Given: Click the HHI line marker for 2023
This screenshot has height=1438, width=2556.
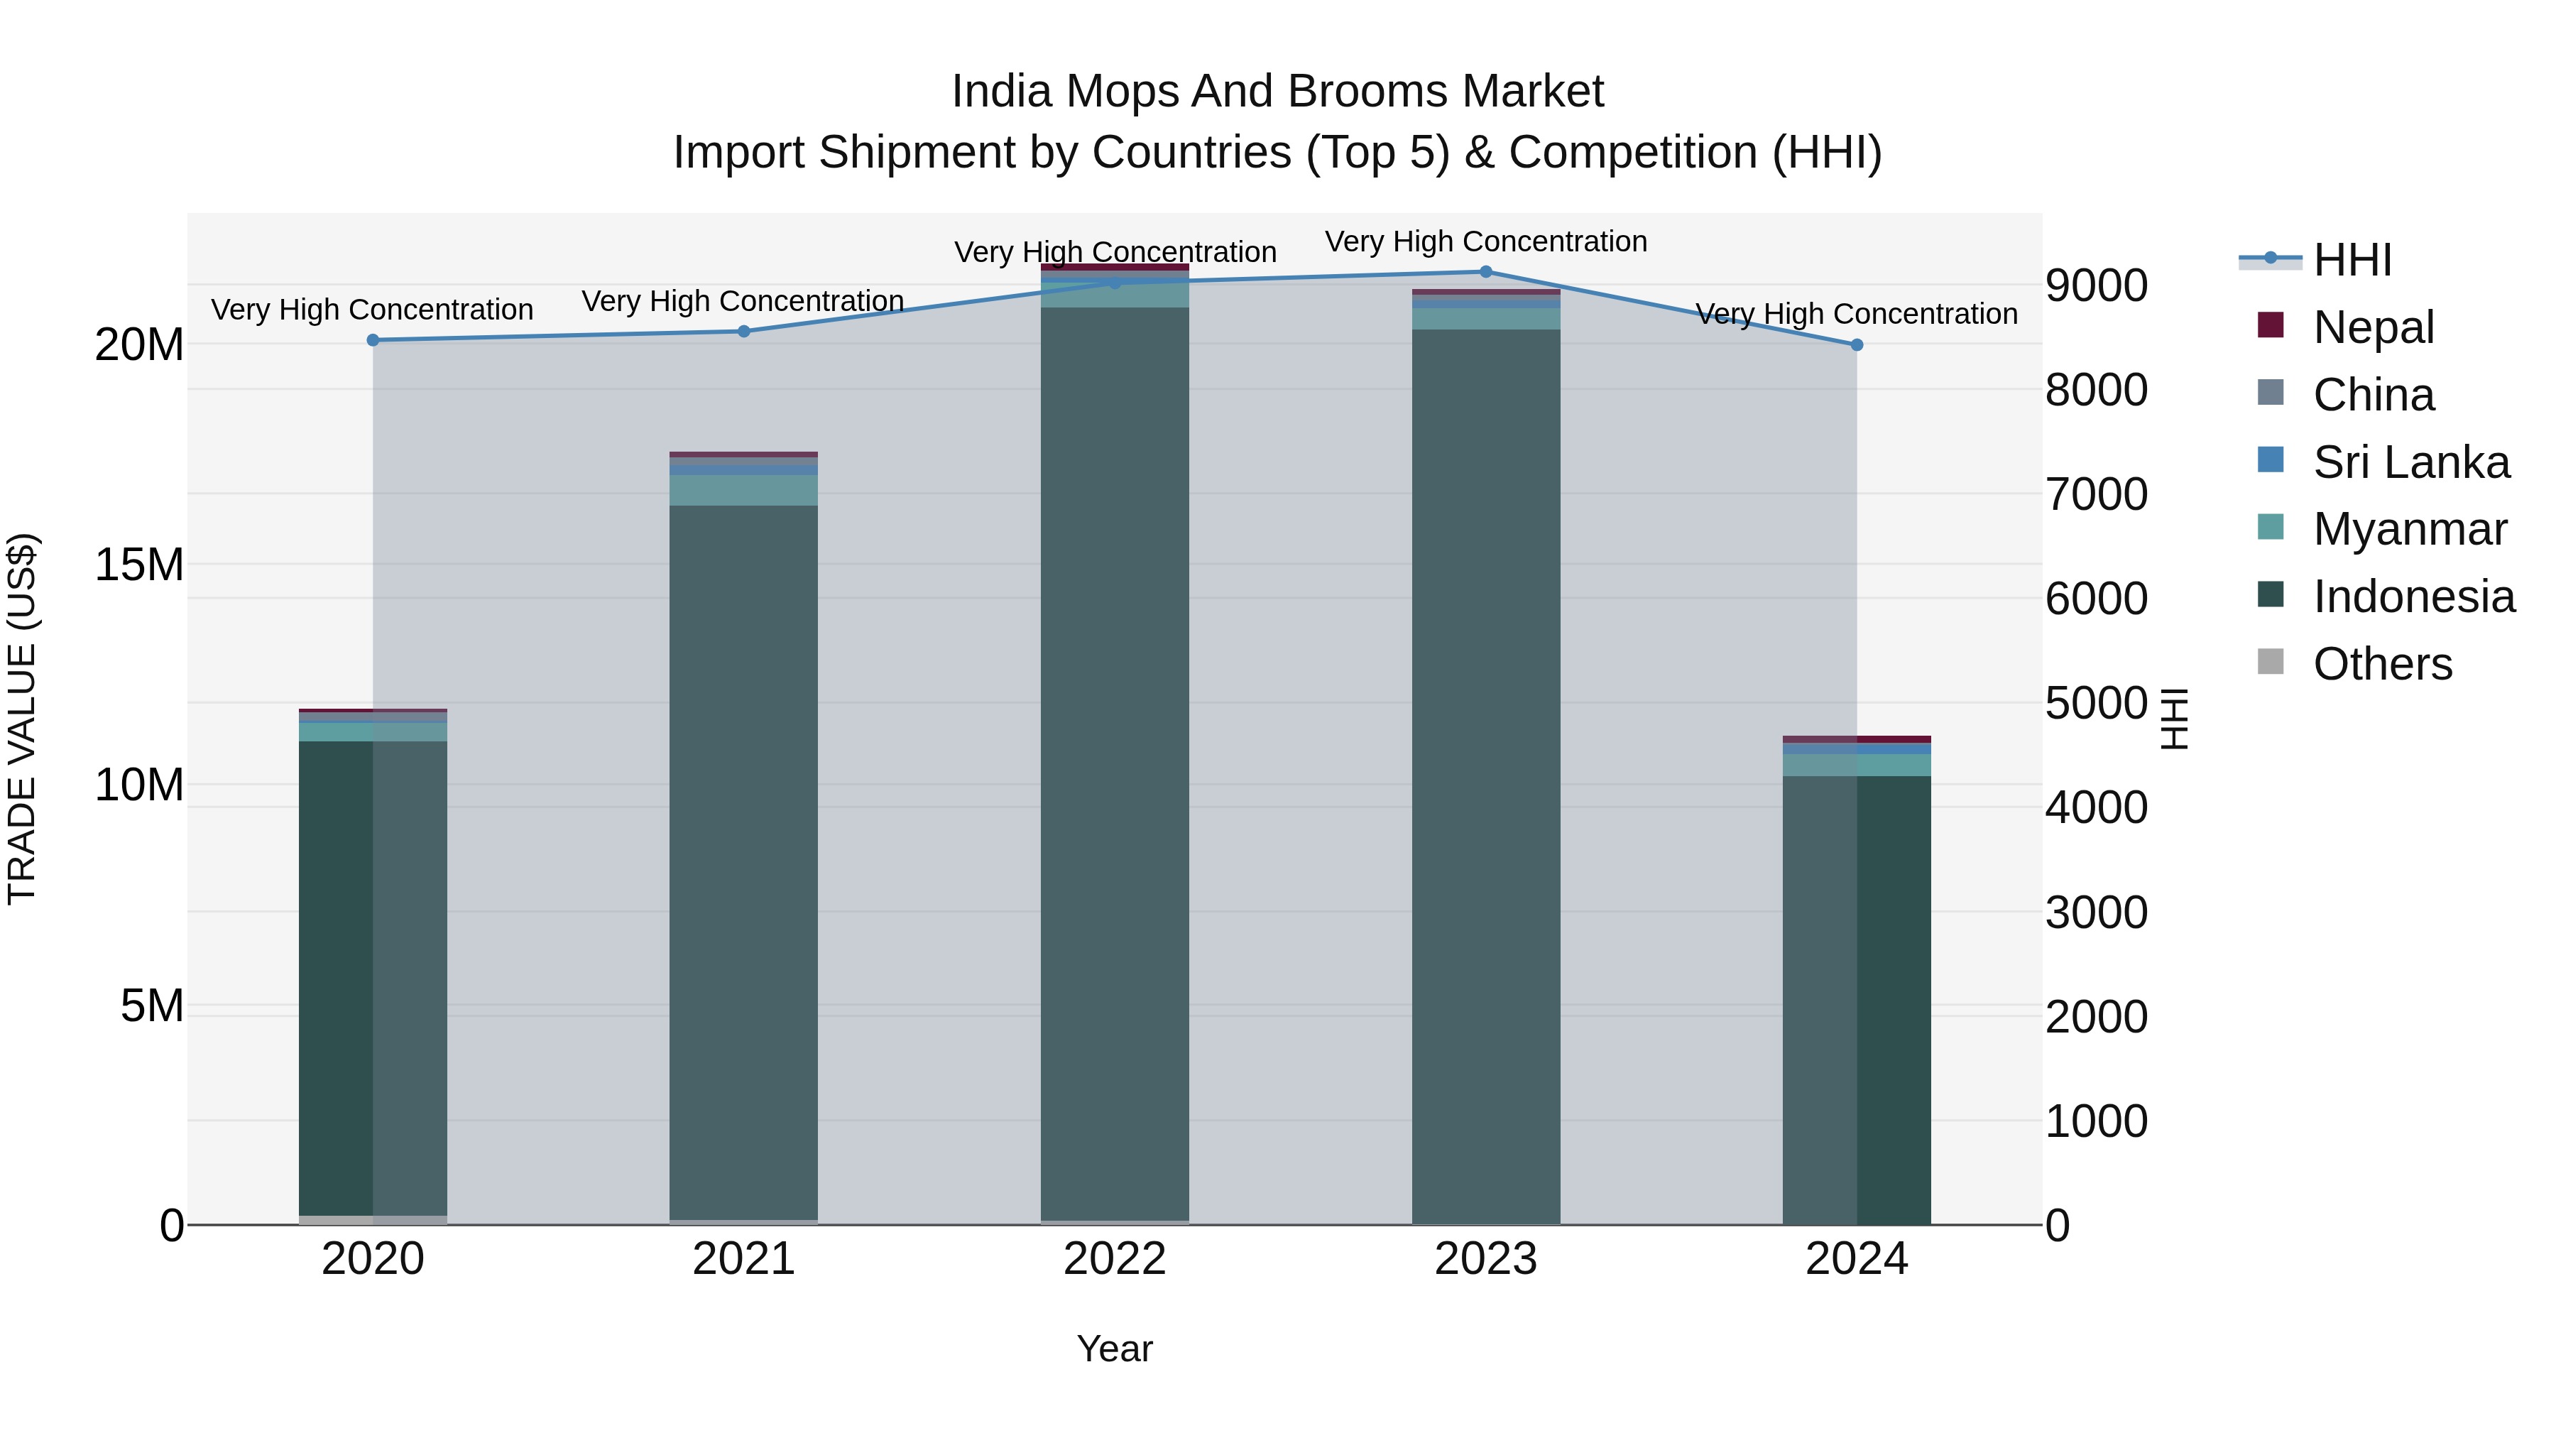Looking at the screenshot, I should click(1485, 272).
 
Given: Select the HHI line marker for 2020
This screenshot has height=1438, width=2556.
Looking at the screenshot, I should click(373, 340).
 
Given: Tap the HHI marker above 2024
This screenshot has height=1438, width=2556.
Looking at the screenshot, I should click(1857, 345).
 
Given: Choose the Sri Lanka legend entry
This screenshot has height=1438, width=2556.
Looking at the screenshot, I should click(2410, 462).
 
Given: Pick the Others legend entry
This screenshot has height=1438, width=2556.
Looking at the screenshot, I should click(2381, 664).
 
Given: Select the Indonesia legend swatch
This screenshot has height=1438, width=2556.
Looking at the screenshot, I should click(2271, 596).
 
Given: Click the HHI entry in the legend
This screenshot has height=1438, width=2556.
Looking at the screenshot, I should click(2352, 260).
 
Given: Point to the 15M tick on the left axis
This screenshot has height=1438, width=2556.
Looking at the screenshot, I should click(139, 565).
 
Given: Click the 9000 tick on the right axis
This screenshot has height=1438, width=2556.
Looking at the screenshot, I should click(2096, 285).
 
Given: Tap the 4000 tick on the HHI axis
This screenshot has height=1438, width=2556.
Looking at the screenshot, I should click(2096, 808).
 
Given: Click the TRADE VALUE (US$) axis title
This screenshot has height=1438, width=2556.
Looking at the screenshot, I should click(22, 719).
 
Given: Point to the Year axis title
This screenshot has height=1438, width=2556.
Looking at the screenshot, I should click(1114, 1349).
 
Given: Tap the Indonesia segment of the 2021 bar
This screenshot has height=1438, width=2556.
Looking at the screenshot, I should click(743, 864).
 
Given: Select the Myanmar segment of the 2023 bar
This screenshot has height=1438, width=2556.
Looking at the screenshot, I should click(1485, 319).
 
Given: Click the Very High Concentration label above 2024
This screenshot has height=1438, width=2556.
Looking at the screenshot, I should click(1857, 314).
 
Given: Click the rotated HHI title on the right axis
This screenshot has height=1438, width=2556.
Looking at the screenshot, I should click(2174, 719).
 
